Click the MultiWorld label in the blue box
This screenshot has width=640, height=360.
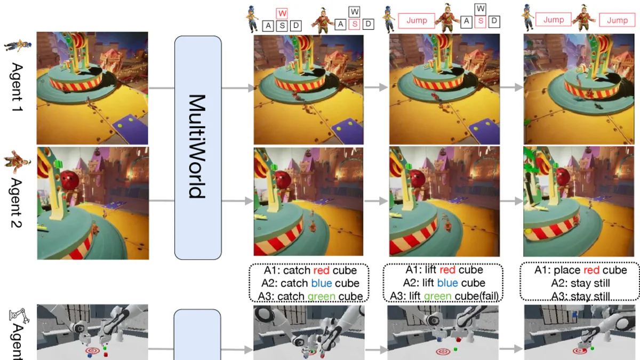[197, 146]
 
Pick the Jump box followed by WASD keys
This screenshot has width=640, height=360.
[413, 21]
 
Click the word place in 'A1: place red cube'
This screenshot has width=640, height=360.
[569, 270]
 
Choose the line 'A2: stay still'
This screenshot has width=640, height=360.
[580, 283]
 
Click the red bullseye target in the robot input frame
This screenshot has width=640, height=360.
[92, 351]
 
